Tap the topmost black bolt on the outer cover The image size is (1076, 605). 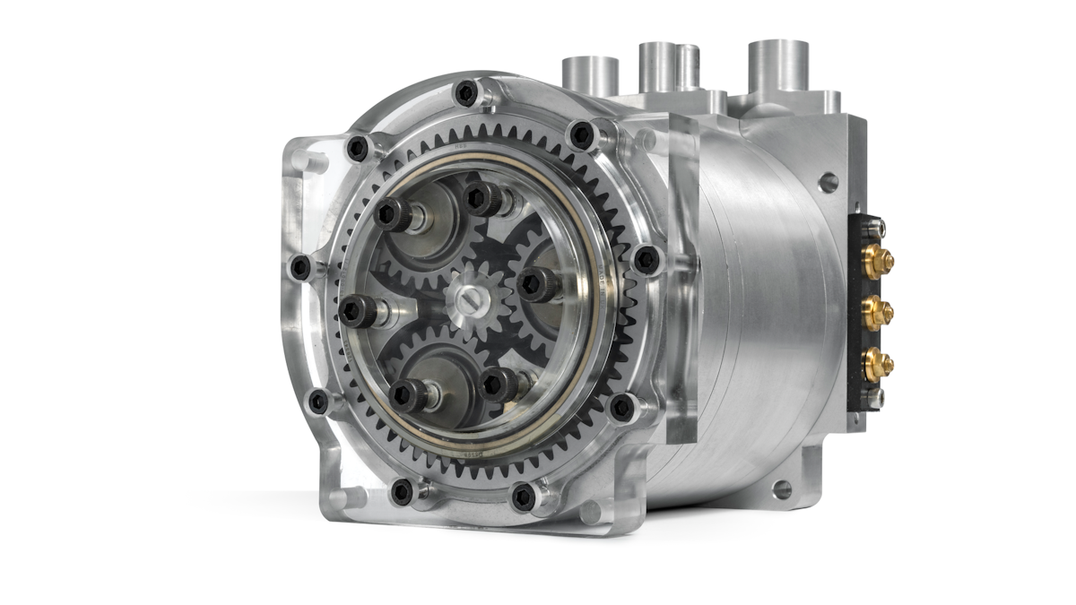[x=466, y=92]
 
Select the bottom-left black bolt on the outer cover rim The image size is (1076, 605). [x=403, y=491]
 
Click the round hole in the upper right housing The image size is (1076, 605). [x=827, y=182]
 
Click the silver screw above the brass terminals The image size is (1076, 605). [x=874, y=226]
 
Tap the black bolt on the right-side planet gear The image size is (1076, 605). [x=536, y=284]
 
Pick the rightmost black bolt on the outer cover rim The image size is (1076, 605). [x=646, y=260]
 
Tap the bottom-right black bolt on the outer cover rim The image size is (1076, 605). [x=523, y=496]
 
